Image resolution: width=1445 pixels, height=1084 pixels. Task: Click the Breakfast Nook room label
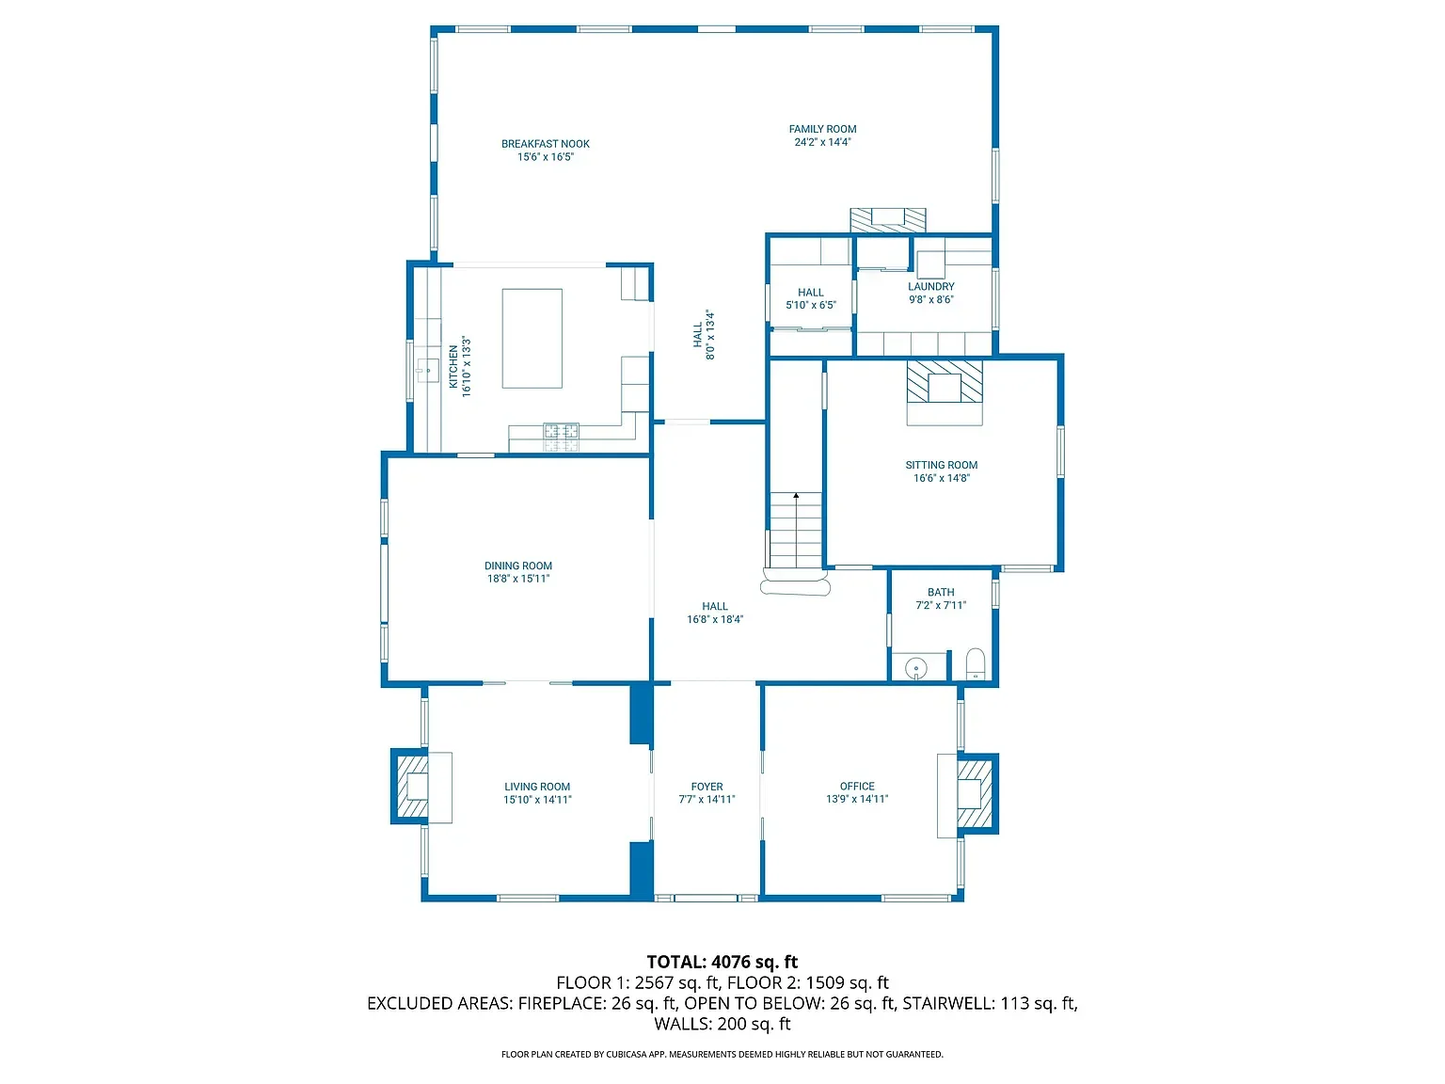[x=546, y=144]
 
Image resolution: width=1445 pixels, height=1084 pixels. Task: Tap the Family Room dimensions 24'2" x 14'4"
[x=822, y=143]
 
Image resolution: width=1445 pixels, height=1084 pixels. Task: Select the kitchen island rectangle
[x=532, y=339]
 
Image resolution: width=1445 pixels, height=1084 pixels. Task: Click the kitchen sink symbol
[x=428, y=370]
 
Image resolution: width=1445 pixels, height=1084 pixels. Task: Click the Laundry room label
[x=930, y=286]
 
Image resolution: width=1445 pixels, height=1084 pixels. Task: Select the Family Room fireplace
[x=888, y=220]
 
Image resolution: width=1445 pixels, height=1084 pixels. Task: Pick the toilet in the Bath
[x=976, y=663]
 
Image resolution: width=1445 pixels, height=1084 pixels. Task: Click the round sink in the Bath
[x=916, y=669]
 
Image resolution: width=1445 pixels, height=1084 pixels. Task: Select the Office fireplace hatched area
[x=975, y=794]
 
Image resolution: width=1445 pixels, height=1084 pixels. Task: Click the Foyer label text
[x=707, y=787]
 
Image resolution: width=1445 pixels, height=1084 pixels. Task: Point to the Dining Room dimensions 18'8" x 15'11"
[x=518, y=579]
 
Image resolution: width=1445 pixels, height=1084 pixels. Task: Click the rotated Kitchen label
[x=453, y=367]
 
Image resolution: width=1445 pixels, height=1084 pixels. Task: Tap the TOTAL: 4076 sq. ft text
[x=722, y=962]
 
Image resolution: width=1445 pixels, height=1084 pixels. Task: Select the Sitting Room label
[x=941, y=465]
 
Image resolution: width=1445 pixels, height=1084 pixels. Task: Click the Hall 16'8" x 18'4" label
[x=715, y=613]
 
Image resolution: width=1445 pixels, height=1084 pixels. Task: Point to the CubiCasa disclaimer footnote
[x=722, y=1055]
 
